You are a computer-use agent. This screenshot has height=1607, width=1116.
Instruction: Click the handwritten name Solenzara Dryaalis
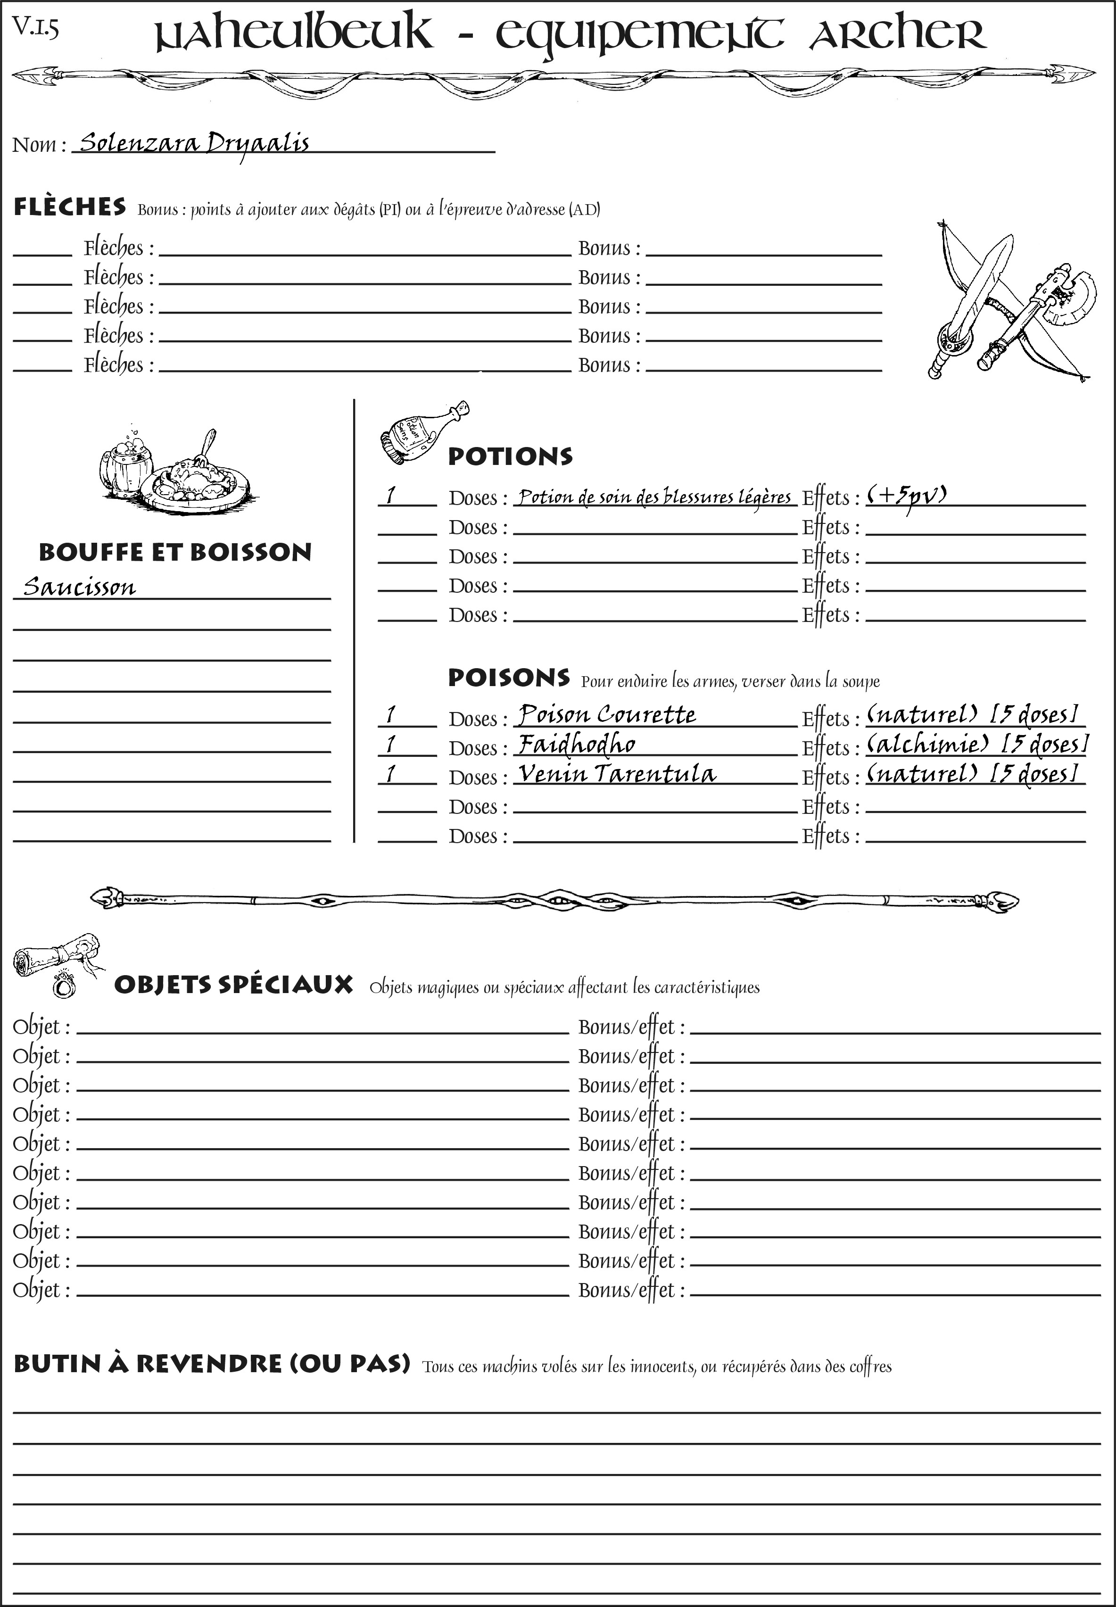pyautogui.click(x=194, y=143)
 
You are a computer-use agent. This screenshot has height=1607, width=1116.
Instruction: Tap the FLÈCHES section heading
pyautogui.click(x=70, y=207)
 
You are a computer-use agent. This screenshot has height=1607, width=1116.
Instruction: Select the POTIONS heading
pyautogui.click(x=510, y=456)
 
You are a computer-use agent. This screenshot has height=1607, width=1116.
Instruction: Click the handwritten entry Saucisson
pyautogui.click(x=79, y=586)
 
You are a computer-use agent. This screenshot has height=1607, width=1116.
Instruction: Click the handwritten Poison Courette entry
pyautogui.click(x=606, y=715)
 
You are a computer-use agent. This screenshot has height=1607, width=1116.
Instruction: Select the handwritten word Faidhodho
pyautogui.click(x=576, y=744)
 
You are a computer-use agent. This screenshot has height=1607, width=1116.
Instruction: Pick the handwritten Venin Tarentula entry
pyautogui.click(x=616, y=773)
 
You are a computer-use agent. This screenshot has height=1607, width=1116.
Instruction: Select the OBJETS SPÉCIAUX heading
pyautogui.click(x=233, y=985)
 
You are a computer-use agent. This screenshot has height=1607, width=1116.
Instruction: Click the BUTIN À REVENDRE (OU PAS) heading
pyautogui.click(x=211, y=1364)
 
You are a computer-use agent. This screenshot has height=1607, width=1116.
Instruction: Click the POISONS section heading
pyautogui.click(x=508, y=678)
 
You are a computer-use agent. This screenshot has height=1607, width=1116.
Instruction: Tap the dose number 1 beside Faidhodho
pyautogui.click(x=391, y=745)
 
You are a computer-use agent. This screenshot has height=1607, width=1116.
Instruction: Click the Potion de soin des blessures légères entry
pyautogui.click(x=654, y=497)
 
